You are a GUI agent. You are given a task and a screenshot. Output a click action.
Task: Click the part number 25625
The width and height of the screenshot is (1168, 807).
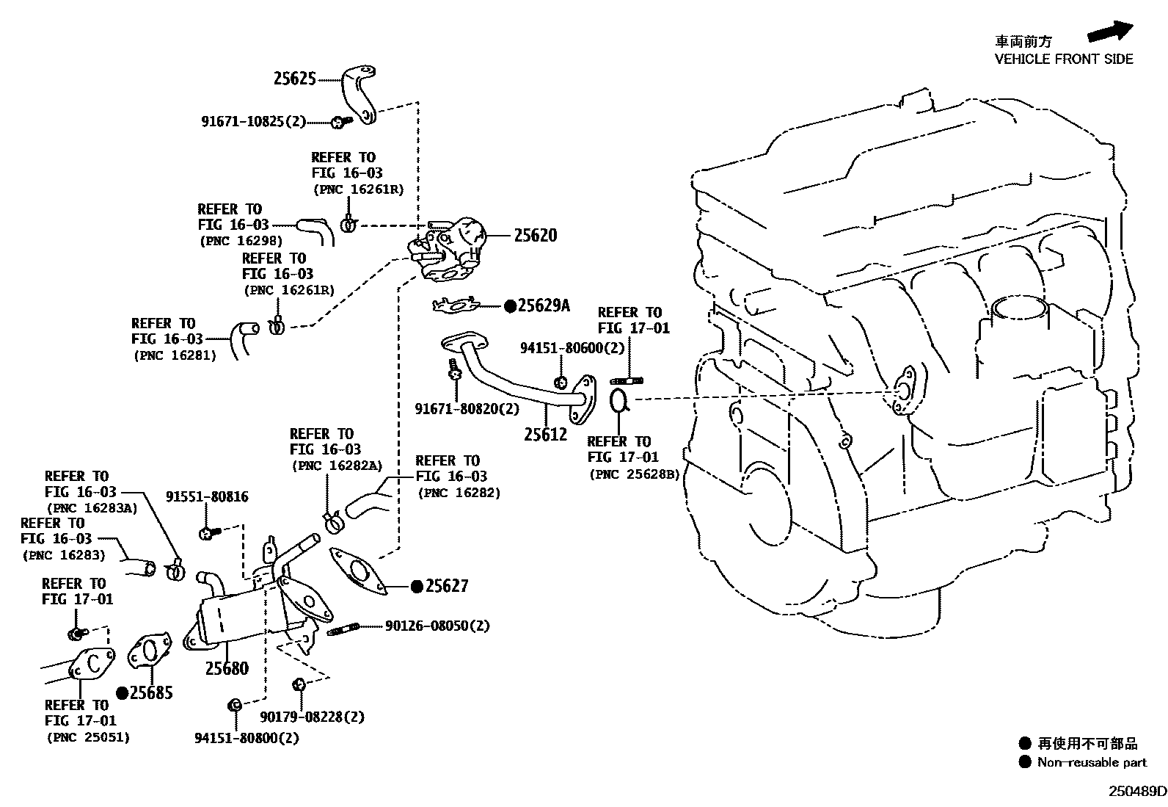click(294, 78)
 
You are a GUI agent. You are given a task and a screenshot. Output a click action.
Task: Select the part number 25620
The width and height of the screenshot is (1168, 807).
click(535, 236)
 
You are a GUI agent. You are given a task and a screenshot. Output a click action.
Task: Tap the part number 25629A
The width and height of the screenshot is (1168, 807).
click(544, 305)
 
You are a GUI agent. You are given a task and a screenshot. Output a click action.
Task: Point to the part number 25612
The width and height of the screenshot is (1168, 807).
click(545, 434)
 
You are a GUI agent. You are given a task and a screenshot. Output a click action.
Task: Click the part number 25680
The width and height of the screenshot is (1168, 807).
click(227, 668)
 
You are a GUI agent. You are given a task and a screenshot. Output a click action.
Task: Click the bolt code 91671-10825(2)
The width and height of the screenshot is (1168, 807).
click(253, 121)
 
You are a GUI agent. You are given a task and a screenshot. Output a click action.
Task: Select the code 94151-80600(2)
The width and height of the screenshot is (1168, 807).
click(572, 348)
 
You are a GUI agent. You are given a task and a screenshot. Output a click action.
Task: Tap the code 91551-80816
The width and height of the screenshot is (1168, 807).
click(207, 497)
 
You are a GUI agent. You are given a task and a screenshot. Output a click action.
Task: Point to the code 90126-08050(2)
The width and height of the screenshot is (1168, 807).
click(437, 626)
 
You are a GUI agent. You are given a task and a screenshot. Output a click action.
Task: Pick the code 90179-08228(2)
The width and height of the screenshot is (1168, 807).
click(312, 717)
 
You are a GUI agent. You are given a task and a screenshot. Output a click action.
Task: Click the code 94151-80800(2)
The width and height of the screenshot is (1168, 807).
click(247, 738)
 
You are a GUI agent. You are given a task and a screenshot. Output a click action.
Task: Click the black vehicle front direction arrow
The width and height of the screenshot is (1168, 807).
click(1110, 32)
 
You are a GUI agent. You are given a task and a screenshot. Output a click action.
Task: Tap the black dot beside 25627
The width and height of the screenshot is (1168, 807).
click(417, 586)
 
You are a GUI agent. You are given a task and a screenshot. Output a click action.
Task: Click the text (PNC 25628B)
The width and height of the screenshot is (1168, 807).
click(634, 474)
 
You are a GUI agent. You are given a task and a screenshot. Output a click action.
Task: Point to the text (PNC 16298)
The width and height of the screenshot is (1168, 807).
click(241, 240)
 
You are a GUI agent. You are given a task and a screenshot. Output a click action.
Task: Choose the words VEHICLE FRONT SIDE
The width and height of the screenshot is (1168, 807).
click(1063, 59)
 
